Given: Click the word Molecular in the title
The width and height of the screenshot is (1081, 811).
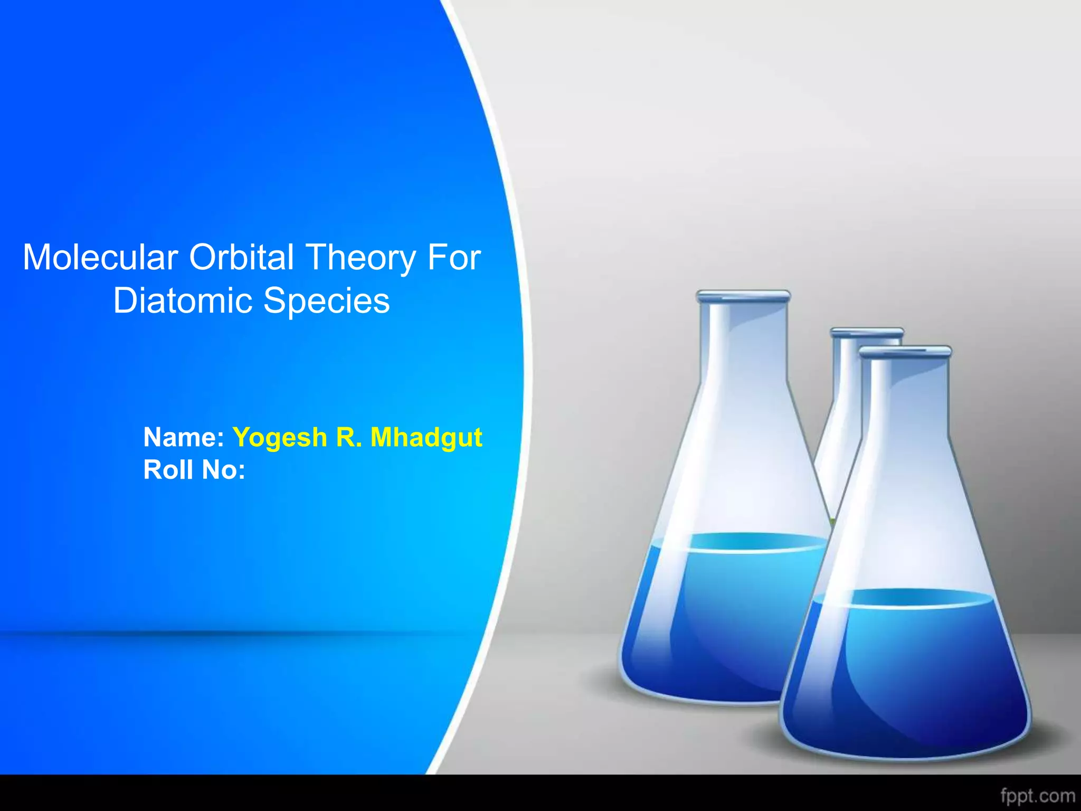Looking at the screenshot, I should coord(100,258).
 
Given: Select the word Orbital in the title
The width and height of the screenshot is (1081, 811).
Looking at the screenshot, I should coord(241,258).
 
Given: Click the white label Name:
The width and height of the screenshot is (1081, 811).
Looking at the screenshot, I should coord(184,437).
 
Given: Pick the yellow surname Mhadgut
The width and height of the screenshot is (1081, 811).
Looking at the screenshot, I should coord(426,438).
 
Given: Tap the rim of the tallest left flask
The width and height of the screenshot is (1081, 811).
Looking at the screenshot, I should coord(743,296).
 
